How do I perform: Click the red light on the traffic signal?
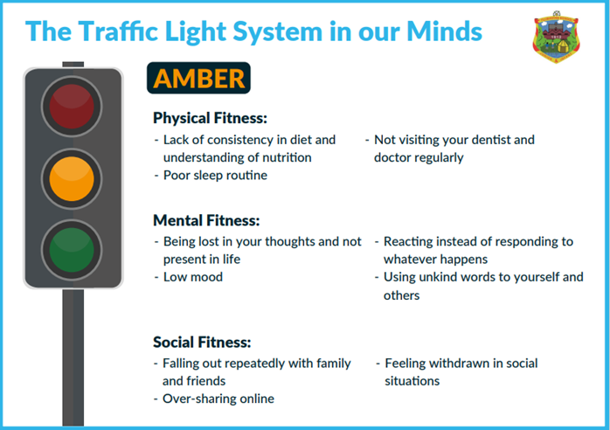72,107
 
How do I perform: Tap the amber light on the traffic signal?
72,178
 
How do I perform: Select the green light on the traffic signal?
72,250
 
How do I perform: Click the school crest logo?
556,38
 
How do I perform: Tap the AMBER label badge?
198,78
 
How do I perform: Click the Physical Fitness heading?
210,118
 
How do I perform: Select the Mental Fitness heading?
206,220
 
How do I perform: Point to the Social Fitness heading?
202,342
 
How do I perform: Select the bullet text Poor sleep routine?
215,175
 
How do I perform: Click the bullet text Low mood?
193,277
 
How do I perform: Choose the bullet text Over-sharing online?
218,399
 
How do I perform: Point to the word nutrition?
287,157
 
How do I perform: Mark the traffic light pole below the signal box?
73,357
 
